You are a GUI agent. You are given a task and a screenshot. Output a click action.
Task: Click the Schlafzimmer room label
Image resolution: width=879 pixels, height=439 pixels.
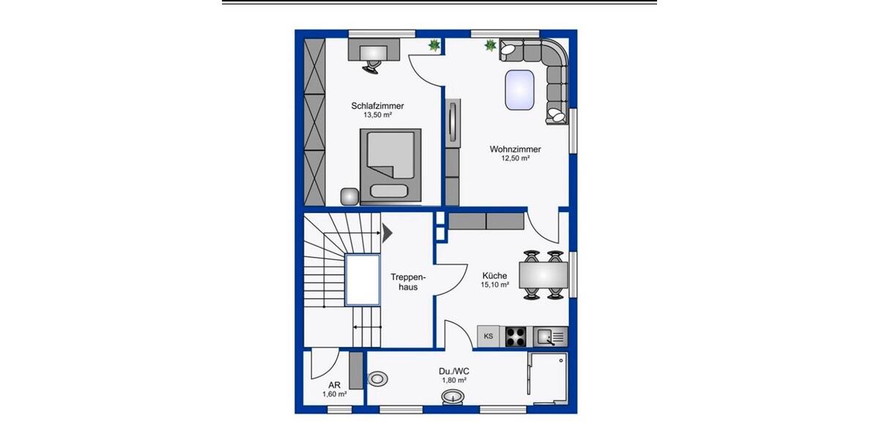377,106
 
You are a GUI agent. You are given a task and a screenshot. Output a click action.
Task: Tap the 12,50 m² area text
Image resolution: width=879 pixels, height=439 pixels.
515,159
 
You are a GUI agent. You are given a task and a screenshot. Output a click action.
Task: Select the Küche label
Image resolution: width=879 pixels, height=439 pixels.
494,275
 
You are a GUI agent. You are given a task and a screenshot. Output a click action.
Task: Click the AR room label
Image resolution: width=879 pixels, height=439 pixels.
334,384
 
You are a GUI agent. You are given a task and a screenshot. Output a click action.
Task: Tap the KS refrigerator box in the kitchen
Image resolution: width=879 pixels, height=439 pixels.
489,337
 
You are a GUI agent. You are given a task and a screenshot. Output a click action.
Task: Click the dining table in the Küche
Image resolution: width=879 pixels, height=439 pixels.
543,275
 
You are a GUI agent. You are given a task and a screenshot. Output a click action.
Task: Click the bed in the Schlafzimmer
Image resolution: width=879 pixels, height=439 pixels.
390,165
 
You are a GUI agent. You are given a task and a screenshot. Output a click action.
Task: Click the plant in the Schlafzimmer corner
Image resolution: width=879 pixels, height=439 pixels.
434,45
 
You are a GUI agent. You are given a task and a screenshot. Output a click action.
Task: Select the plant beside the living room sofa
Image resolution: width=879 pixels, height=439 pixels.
489,46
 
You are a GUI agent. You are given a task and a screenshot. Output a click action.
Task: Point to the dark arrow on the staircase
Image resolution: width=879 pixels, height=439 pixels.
387,233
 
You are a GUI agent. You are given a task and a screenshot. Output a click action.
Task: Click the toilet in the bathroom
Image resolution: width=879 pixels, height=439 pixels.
377,379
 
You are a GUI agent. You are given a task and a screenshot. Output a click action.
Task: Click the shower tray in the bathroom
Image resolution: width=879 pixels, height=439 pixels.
547,378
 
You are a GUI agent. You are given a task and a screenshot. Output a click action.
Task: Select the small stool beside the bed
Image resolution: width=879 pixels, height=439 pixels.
350,197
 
